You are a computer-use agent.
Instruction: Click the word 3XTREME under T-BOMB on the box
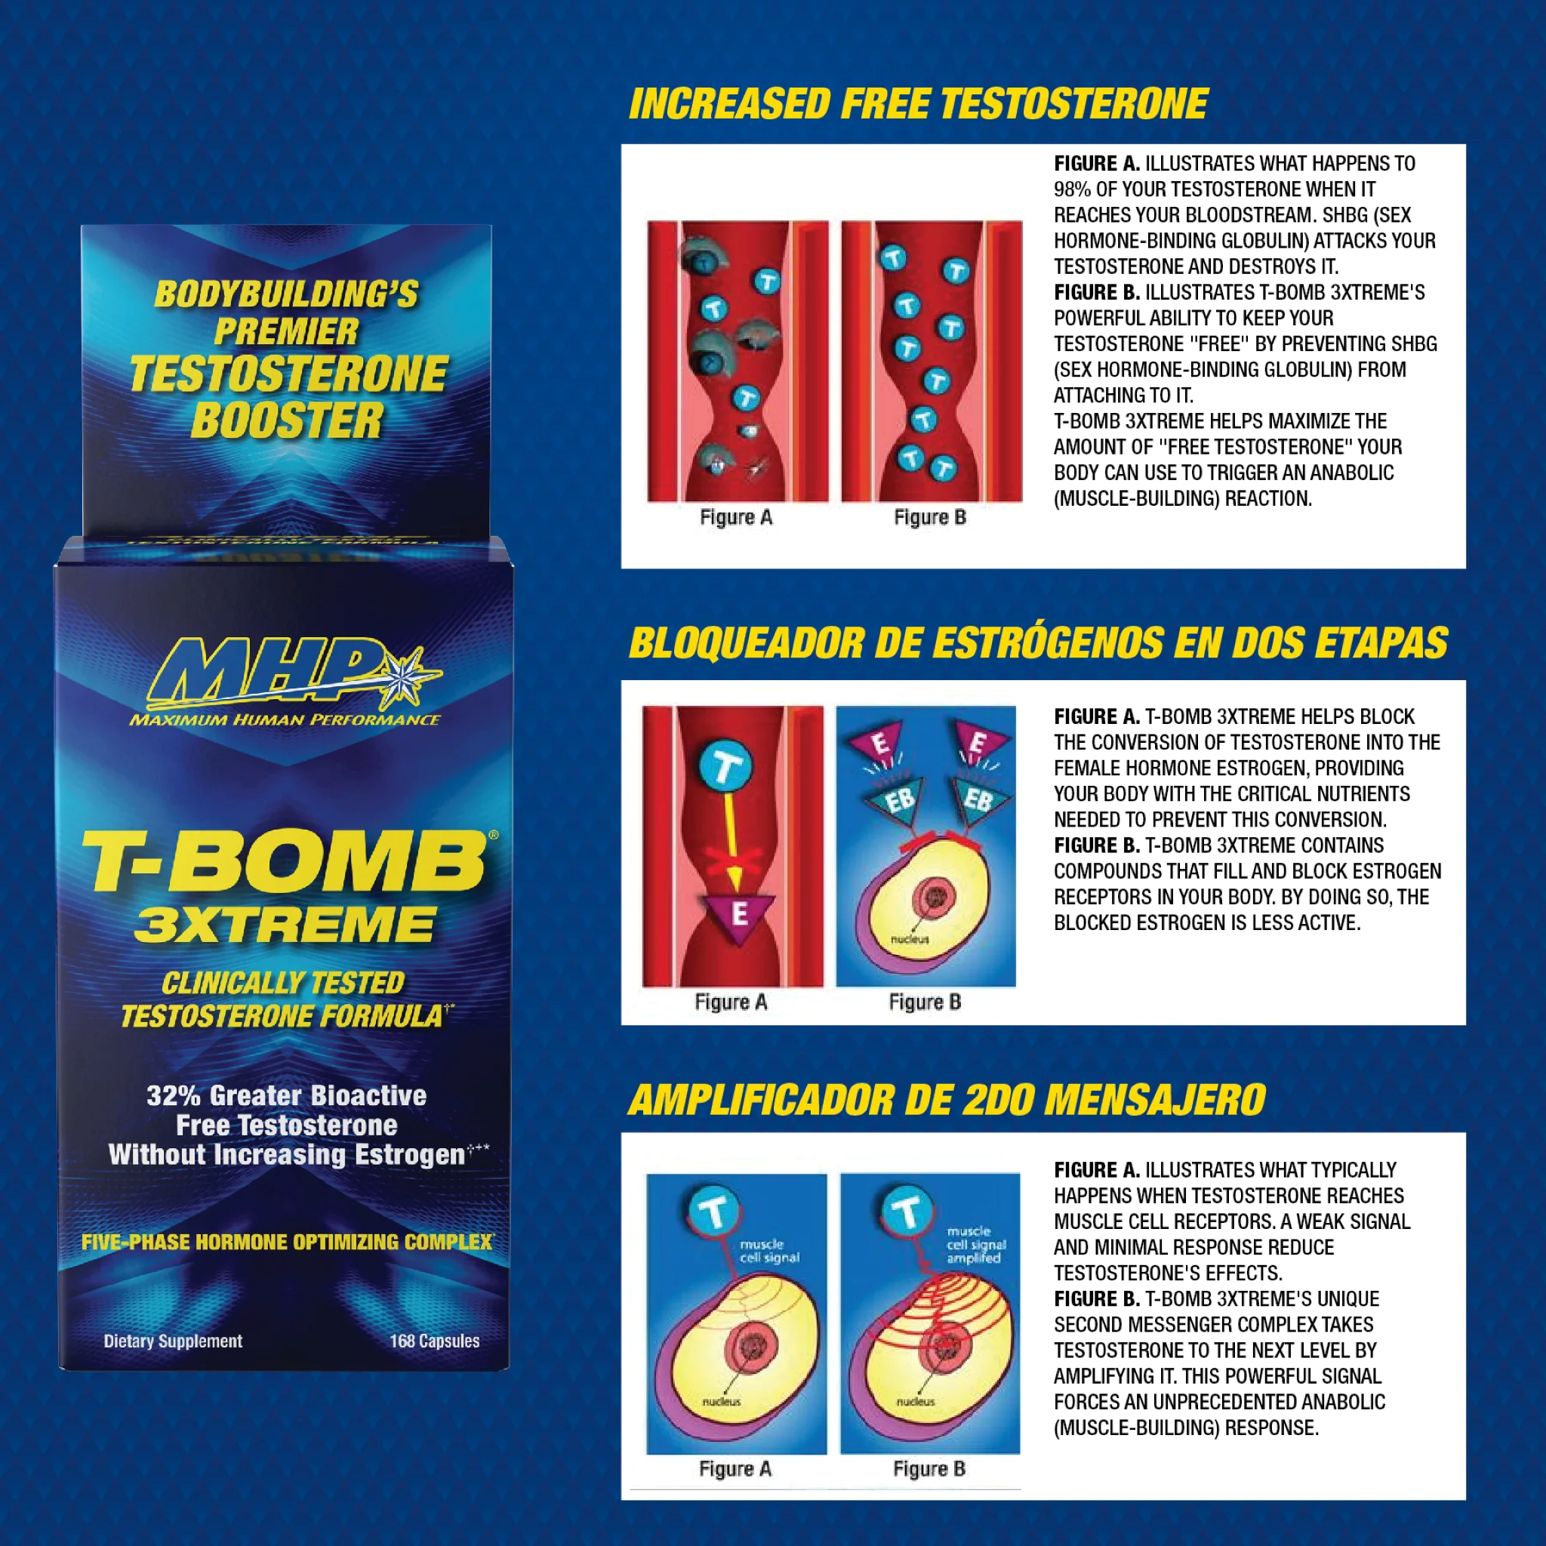click(x=285, y=925)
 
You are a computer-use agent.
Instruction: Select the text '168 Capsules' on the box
click(x=435, y=1341)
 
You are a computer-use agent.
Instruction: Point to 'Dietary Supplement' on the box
click(x=173, y=1341)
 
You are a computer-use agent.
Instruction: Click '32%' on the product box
click(x=173, y=1095)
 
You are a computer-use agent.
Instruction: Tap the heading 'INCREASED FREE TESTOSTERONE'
click(x=918, y=104)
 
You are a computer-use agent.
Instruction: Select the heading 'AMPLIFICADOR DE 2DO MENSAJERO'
click(x=947, y=1099)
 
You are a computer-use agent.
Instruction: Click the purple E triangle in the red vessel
click(x=738, y=914)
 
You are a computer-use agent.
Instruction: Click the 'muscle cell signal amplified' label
click(x=975, y=1245)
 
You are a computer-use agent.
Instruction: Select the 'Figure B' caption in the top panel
click(x=930, y=518)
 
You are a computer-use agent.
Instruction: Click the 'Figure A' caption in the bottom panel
click(x=735, y=1469)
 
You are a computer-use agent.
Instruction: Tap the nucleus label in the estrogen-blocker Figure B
click(x=910, y=939)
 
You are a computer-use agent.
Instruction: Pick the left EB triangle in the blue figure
click(x=898, y=799)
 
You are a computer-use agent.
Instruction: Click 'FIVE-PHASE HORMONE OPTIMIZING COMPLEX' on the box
click(x=286, y=1242)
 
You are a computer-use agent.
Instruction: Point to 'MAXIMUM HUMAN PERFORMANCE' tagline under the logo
click(x=285, y=720)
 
